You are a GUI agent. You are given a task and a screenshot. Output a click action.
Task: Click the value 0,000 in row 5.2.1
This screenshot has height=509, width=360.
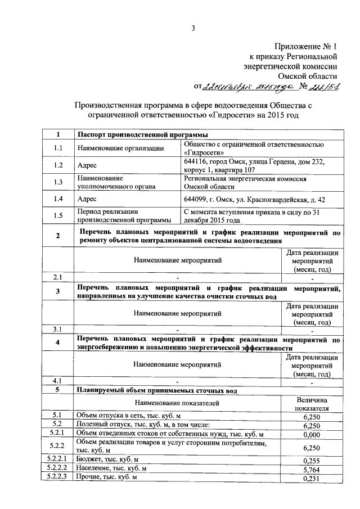pyautogui.click(x=311, y=435)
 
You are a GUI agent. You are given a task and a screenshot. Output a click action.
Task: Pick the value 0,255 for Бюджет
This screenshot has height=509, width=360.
pyautogui.click(x=311, y=460)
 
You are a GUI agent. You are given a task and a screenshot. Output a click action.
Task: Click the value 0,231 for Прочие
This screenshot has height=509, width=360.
pyautogui.click(x=311, y=478)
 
